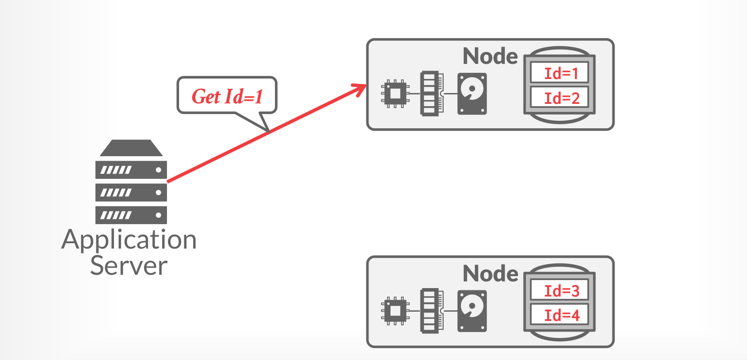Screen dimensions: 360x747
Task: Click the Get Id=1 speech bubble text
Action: [227, 96]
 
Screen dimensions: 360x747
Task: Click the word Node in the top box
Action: [490, 56]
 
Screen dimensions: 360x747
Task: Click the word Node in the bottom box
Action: [490, 273]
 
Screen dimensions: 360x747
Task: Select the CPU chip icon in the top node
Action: [395, 94]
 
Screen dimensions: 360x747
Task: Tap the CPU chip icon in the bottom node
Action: [395, 311]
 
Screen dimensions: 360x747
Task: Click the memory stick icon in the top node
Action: [431, 94]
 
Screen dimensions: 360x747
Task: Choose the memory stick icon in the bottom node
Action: [431, 311]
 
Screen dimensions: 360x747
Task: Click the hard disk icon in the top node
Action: [472, 94]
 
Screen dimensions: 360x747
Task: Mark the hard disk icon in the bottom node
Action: [472, 311]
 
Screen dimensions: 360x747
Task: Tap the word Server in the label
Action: [129, 265]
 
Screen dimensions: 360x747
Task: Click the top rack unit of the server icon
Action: [131, 170]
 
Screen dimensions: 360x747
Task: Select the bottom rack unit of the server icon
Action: [131, 215]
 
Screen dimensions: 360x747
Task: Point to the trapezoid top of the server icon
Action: [131, 148]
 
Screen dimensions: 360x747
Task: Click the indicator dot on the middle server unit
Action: [158, 193]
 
